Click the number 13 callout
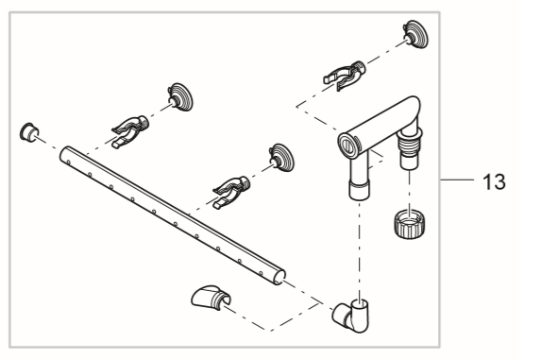[x=494, y=181]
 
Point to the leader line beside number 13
[x=457, y=180]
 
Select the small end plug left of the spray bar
[x=29, y=132]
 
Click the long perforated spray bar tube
[x=173, y=216]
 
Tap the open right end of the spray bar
[x=280, y=277]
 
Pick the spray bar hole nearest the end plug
[x=68, y=162]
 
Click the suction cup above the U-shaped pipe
[x=415, y=34]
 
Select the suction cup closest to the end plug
[x=180, y=97]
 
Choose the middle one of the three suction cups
[x=282, y=158]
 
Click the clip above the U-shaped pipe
[x=344, y=76]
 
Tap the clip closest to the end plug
[x=130, y=131]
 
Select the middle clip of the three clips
[x=231, y=192]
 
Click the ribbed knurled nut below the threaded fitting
[x=410, y=225]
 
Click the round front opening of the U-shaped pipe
[x=348, y=146]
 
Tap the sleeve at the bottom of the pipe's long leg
[x=360, y=190]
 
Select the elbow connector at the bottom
[x=351, y=316]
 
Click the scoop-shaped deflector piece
[x=211, y=297]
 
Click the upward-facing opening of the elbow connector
[x=360, y=303]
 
